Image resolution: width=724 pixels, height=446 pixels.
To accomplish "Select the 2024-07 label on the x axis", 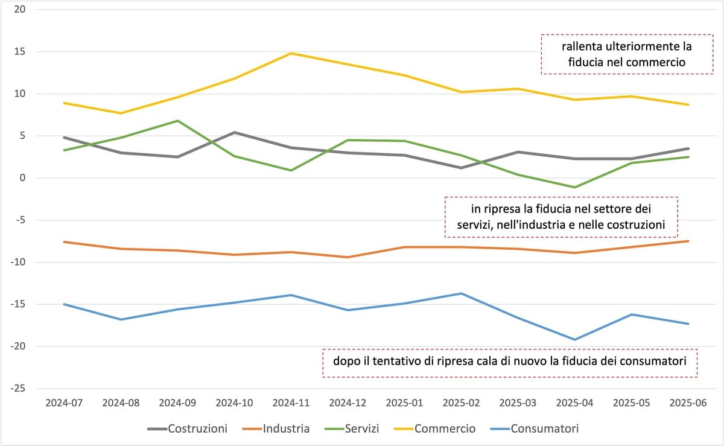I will [64, 403].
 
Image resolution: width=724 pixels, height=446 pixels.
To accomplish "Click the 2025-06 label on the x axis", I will [688, 403].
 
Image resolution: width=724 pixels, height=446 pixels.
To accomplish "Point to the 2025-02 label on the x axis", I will [462, 403].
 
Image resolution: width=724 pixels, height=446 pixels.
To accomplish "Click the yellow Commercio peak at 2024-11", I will [291, 53].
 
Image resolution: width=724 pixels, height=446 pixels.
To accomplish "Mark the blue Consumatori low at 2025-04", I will [575, 340].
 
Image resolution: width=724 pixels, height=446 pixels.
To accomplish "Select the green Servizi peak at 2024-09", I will [177, 121].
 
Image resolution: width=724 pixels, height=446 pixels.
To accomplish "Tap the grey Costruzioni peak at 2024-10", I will [234, 132].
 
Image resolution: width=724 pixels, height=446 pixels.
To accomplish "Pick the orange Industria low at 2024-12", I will [348, 257].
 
